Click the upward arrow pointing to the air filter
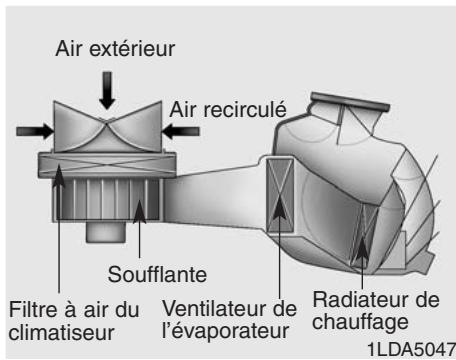coord(62,185)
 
